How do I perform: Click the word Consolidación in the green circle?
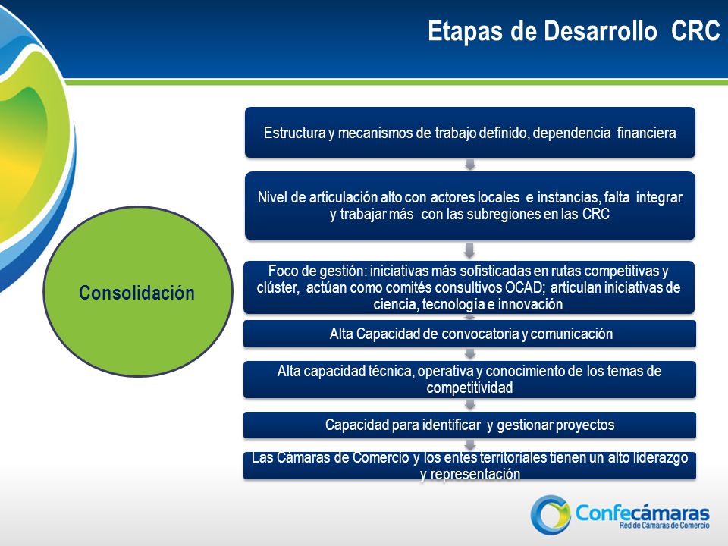coord(136,293)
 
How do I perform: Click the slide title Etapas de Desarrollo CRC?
coord(574,31)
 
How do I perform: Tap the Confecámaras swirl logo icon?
coord(551,514)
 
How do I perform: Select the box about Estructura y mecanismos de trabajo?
coord(470,132)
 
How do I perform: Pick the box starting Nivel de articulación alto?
coord(470,206)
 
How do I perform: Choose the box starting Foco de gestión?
coord(469,287)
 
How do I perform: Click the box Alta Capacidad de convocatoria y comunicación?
coord(469,334)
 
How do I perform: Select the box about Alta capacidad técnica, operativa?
coord(469,379)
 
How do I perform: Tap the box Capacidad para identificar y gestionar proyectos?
coord(469,425)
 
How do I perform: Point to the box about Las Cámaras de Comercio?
coord(469,466)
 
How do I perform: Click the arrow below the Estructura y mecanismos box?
coord(470,165)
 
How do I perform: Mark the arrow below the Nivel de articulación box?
coord(469,250)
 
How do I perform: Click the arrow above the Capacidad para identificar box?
coord(470,404)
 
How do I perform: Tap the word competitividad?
coord(469,388)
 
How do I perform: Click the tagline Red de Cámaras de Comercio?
coord(664,525)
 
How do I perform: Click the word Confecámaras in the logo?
coord(642,513)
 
